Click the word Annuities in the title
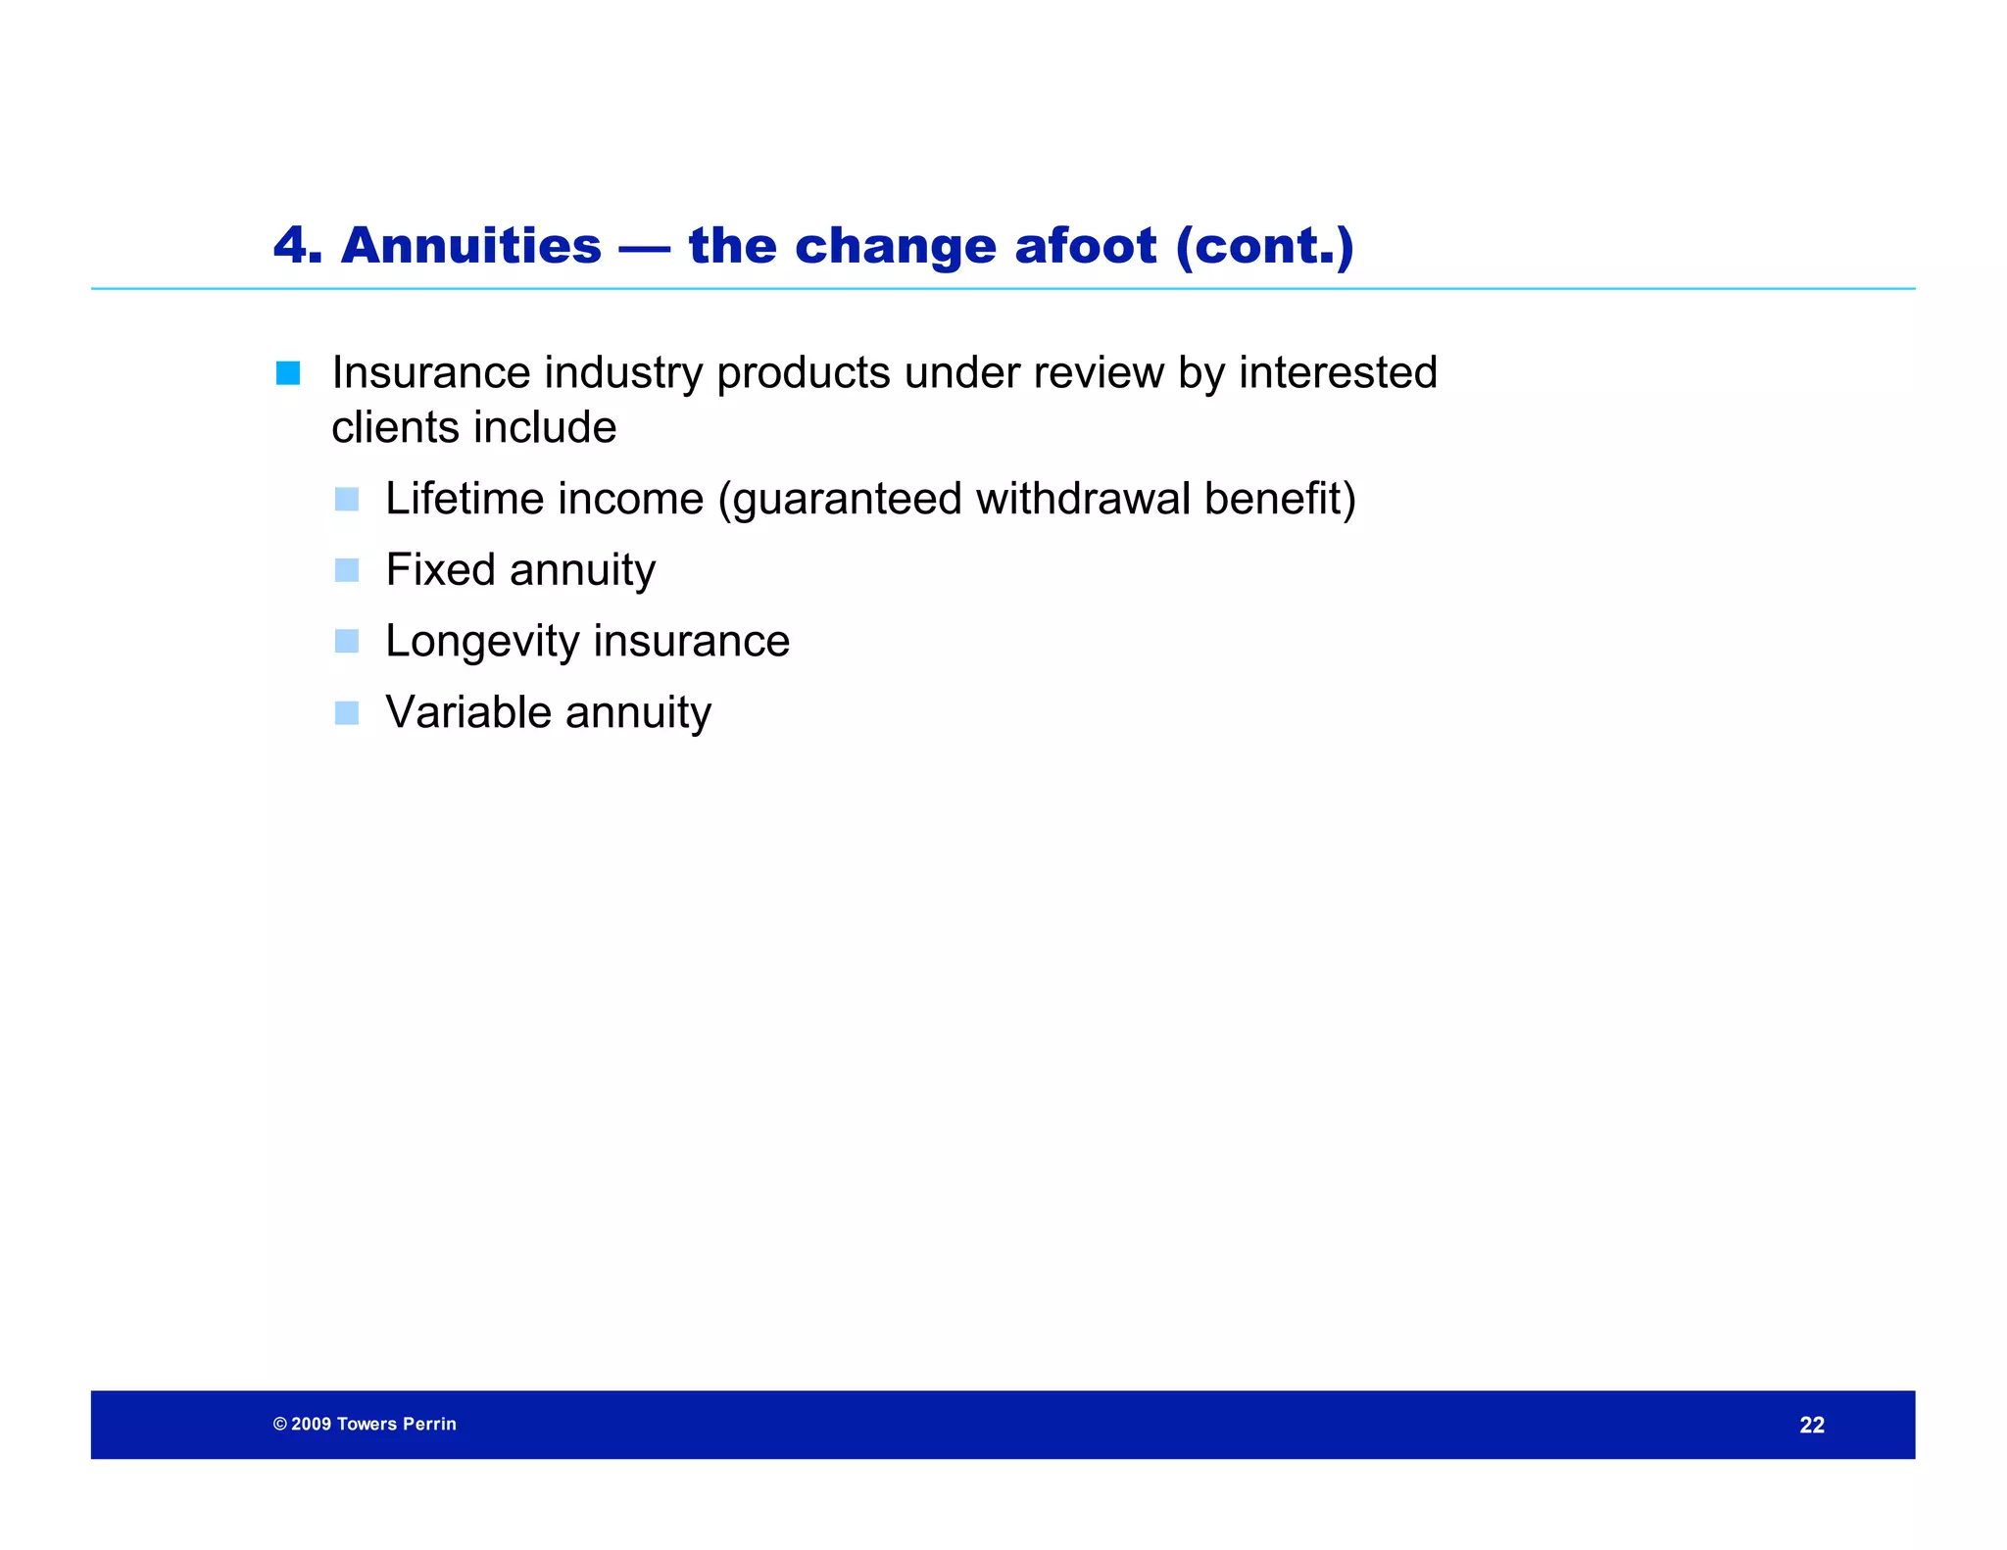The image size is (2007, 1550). click(x=470, y=245)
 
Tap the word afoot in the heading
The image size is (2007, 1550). click(x=1085, y=245)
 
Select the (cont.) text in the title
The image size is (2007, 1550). click(x=1264, y=245)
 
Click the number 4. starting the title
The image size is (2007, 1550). click(x=297, y=245)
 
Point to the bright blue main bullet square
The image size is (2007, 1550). click(x=288, y=373)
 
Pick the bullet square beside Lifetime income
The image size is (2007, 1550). click(x=347, y=500)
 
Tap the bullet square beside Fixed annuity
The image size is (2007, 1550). click(x=347, y=570)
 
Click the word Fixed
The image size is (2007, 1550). click(x=440, y=570)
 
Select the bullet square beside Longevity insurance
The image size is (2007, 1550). click(x=347, y=642)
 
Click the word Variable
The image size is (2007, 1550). click(x=467, y=712)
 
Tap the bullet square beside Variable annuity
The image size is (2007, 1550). click(x=347, y=713)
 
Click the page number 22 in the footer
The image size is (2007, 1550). click(x=1812, y=1426)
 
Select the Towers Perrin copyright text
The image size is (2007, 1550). click(x=365, y=1425)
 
